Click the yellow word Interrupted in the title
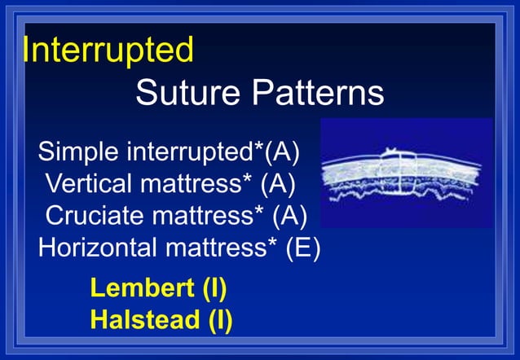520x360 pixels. [x=108, y=50]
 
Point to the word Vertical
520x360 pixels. [x=89, y=184]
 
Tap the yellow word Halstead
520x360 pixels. [x=139, y=320]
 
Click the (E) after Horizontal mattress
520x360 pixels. [x=303, y=248]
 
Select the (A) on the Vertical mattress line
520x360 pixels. [x=277, y=184]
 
